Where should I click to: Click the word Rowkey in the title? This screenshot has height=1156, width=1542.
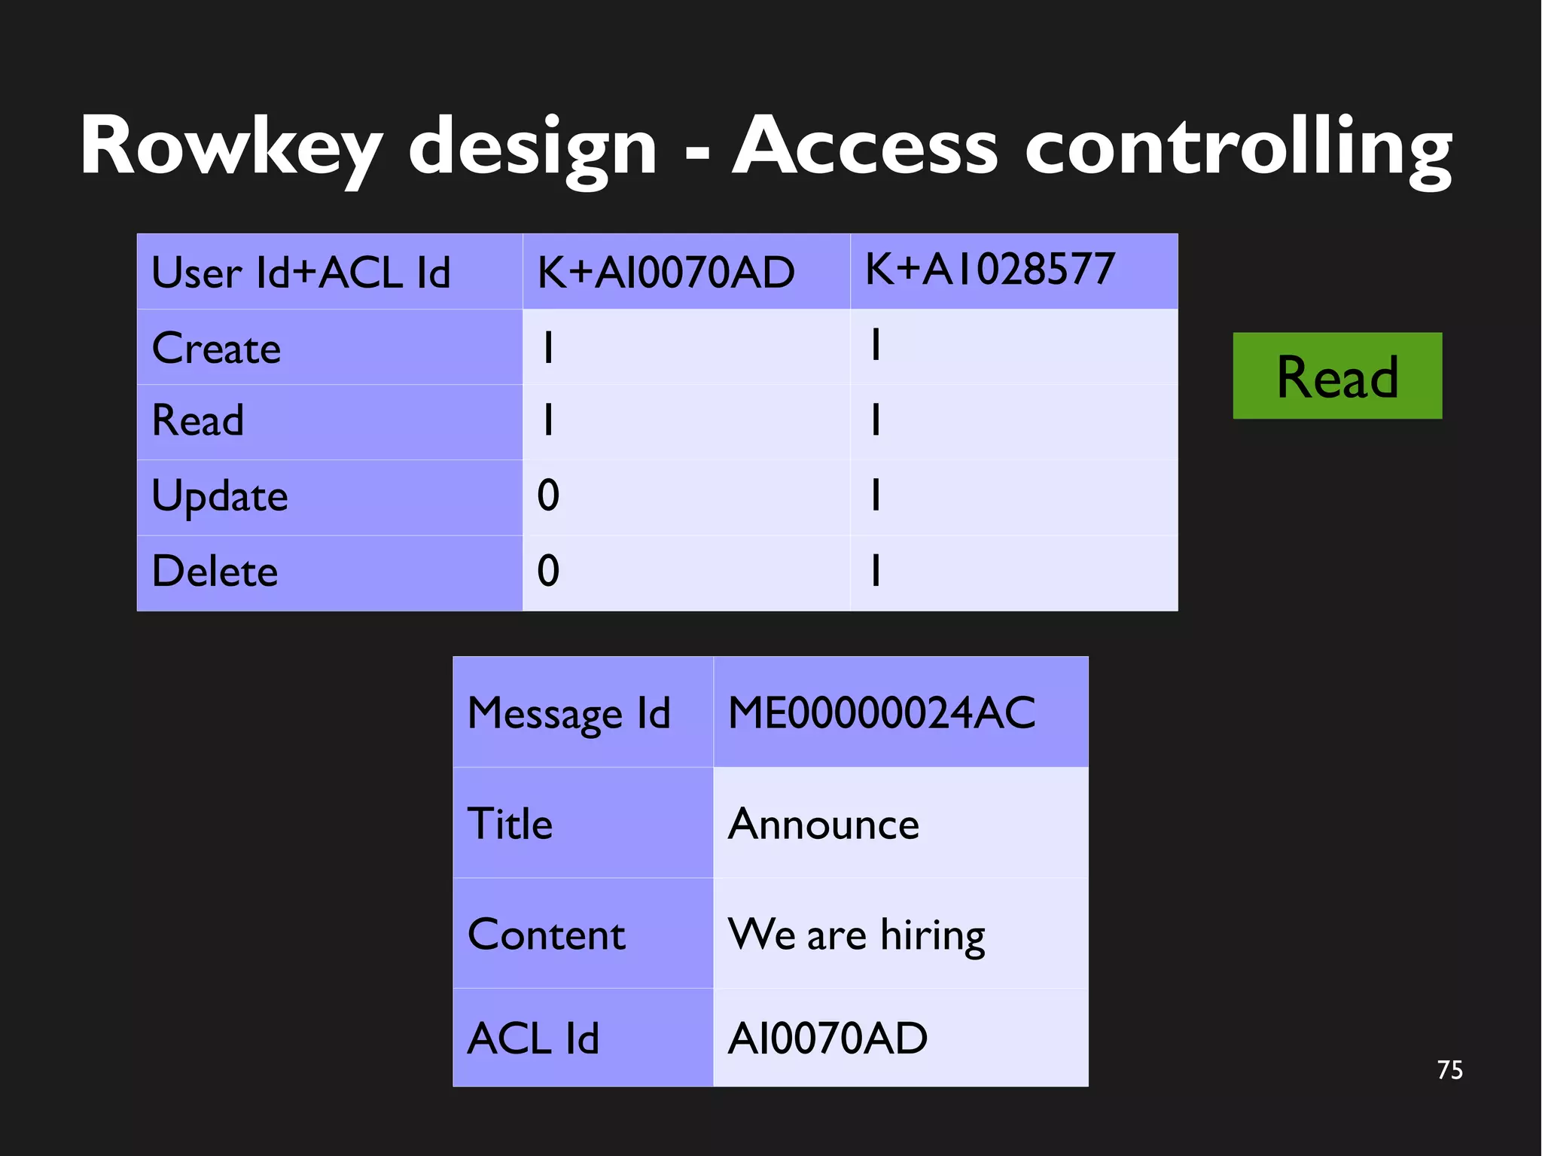(230, 147)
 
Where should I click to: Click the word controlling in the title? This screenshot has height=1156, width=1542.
(1238, 147)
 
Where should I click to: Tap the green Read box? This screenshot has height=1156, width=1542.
(1336, 376)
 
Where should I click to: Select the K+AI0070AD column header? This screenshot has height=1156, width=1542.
(666, 272)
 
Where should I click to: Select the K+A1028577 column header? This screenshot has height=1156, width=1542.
(989, 269)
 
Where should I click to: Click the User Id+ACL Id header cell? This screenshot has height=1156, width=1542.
(301, 272)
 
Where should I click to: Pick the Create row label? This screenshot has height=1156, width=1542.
(217, 348)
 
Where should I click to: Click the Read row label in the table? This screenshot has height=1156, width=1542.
(198, 420)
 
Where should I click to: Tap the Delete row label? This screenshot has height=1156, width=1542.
(215, 571)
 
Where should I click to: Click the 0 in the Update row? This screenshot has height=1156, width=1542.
(548, 496)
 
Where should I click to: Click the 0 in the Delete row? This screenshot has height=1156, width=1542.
(548, 571)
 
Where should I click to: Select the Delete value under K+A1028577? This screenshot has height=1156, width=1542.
(875, 570)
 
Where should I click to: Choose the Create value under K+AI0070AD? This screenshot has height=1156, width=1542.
(548, 348)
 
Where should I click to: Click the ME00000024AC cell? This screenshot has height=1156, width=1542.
(882, 712)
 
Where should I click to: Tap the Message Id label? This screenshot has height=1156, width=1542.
(568, 713)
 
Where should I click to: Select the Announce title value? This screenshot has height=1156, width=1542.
(824, 824)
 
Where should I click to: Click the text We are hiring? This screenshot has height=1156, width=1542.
(856, 935)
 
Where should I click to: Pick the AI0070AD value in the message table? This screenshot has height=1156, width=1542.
(827, 1039)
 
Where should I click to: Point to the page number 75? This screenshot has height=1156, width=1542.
(1449, 1070)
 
